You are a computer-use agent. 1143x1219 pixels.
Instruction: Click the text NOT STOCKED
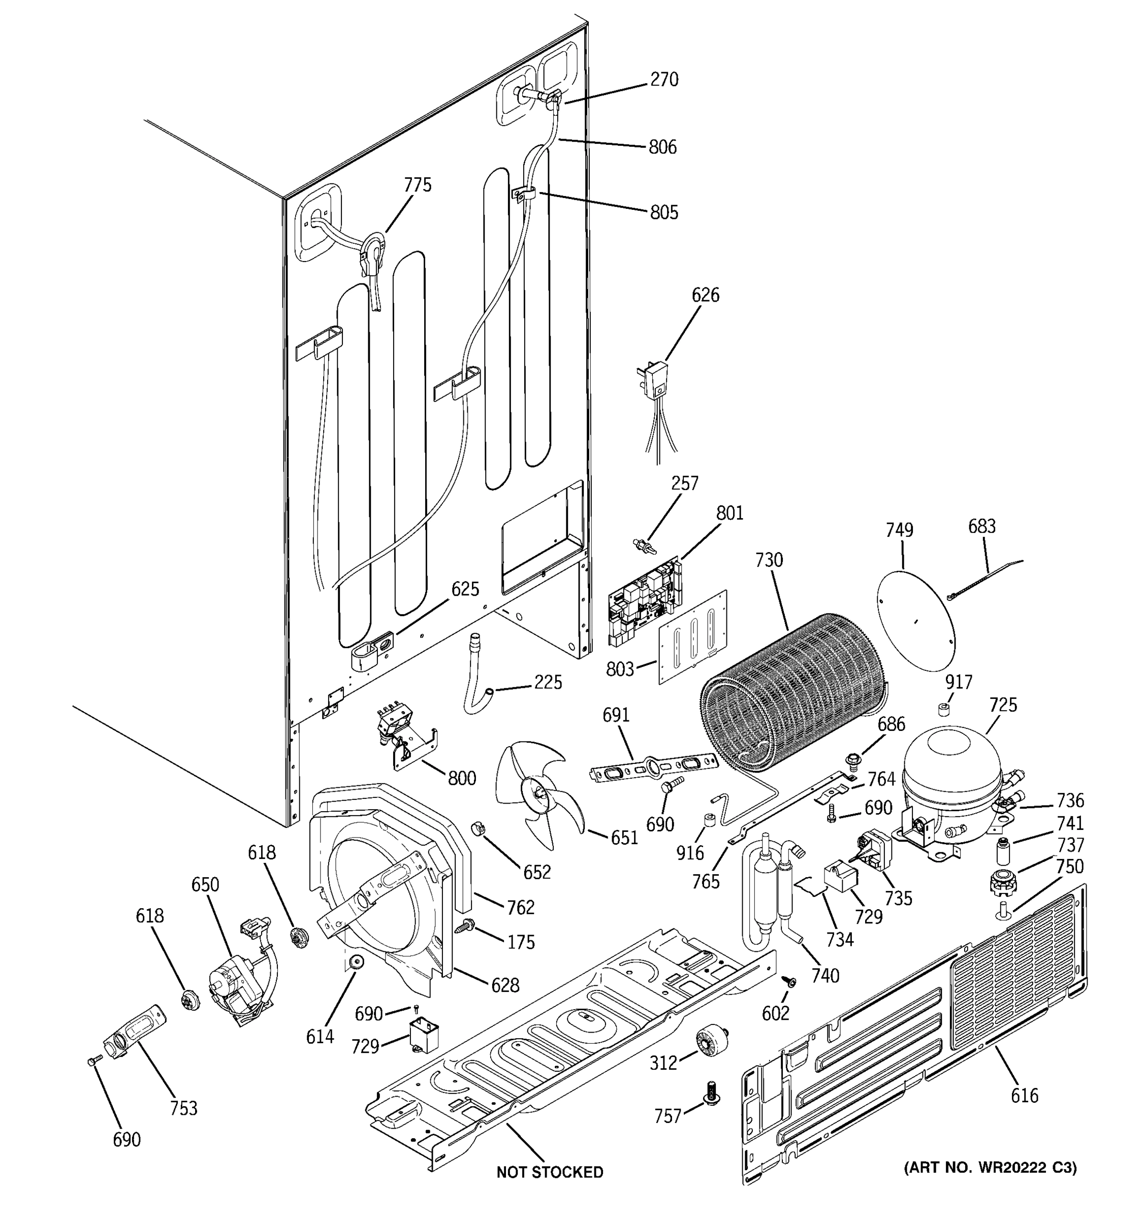point(550,1172)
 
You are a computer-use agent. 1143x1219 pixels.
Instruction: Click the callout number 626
point(705,295)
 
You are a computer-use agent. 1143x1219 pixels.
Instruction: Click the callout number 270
point(664,80)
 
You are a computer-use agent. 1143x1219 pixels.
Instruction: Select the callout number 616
point(1025,1095)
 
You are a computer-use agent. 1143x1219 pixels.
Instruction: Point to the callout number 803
point(619,669)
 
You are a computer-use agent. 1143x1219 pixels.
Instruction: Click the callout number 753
point(184,1108)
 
